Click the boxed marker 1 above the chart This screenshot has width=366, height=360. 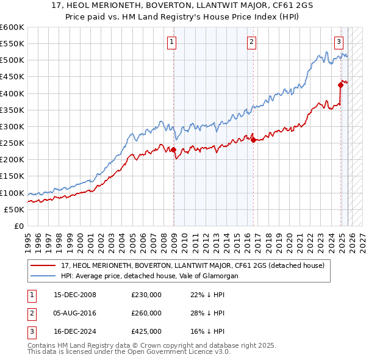click(x=173, y=42)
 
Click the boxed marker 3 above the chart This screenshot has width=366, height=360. click(x=339, y=42)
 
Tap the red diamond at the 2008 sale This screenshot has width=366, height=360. click(x=173, y=149)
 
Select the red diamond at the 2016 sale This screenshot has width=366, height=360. click(x=253, y=140)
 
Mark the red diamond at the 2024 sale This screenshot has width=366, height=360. click(x=340, y=85)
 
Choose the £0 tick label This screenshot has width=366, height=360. click(x=18, y=226)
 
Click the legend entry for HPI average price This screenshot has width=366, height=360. click(x=149, y=276)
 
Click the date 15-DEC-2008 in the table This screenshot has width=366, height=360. click(x=75, y=295)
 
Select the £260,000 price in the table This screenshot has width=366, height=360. click(x=146, y=313)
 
